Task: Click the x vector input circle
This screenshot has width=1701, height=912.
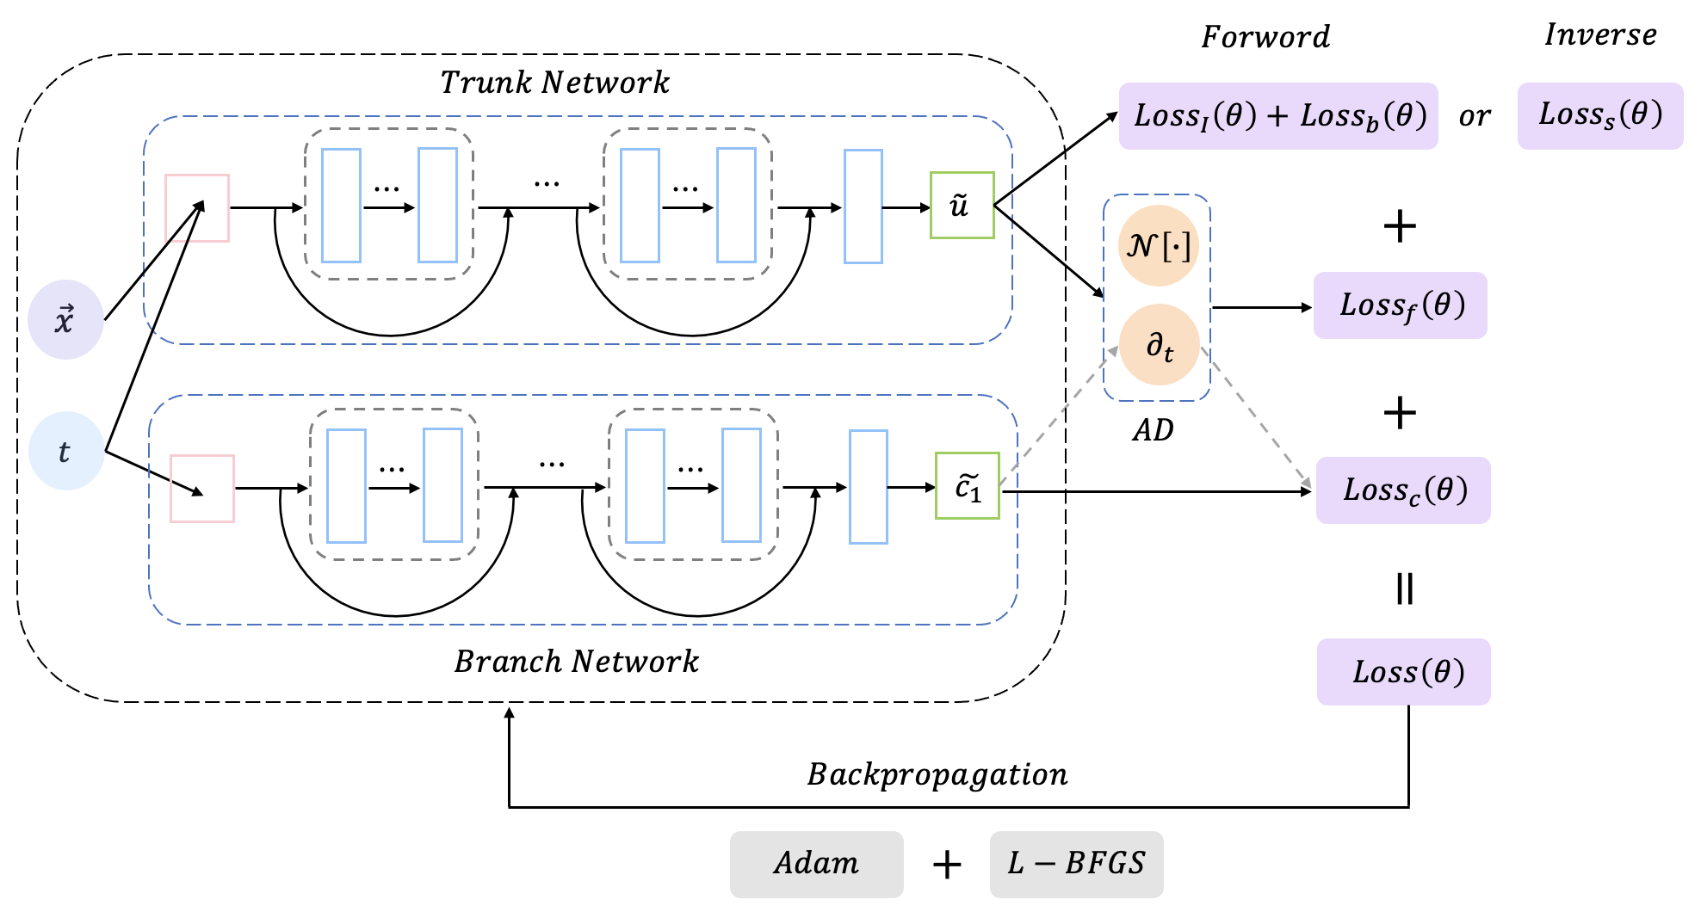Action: coord(65,320)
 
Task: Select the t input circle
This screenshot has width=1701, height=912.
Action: coord(65,451)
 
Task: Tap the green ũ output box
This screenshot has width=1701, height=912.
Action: coord(962,206)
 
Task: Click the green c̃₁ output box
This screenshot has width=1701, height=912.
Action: coord(968,486)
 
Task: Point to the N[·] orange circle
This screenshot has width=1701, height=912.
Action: coord(1159,246)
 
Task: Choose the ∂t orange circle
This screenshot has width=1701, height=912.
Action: coord(1159,345)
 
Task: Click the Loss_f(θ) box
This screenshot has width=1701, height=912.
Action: coord(1401,305)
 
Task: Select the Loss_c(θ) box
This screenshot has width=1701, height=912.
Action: coord(1403,490)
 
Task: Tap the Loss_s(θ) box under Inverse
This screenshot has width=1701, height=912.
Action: coord(1599,115)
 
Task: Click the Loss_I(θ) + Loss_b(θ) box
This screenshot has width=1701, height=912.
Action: coord(1278,115)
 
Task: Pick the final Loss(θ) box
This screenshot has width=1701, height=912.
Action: coord(1404,672)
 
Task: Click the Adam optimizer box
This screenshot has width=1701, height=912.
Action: coord(816,864)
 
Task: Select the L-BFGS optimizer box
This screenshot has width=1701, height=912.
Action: coord(1076,864)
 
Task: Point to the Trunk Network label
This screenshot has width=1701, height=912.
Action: coord(554,83)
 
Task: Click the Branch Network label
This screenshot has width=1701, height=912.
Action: coord(576,662)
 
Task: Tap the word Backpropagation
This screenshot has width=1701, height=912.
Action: coord(937,774)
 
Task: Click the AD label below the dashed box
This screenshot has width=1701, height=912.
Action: coord(1153,430)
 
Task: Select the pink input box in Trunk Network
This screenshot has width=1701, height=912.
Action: coord(197,208)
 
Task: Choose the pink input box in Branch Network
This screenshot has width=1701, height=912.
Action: coord(202,489)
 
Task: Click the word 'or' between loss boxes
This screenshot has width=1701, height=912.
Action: coord(1474,116)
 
